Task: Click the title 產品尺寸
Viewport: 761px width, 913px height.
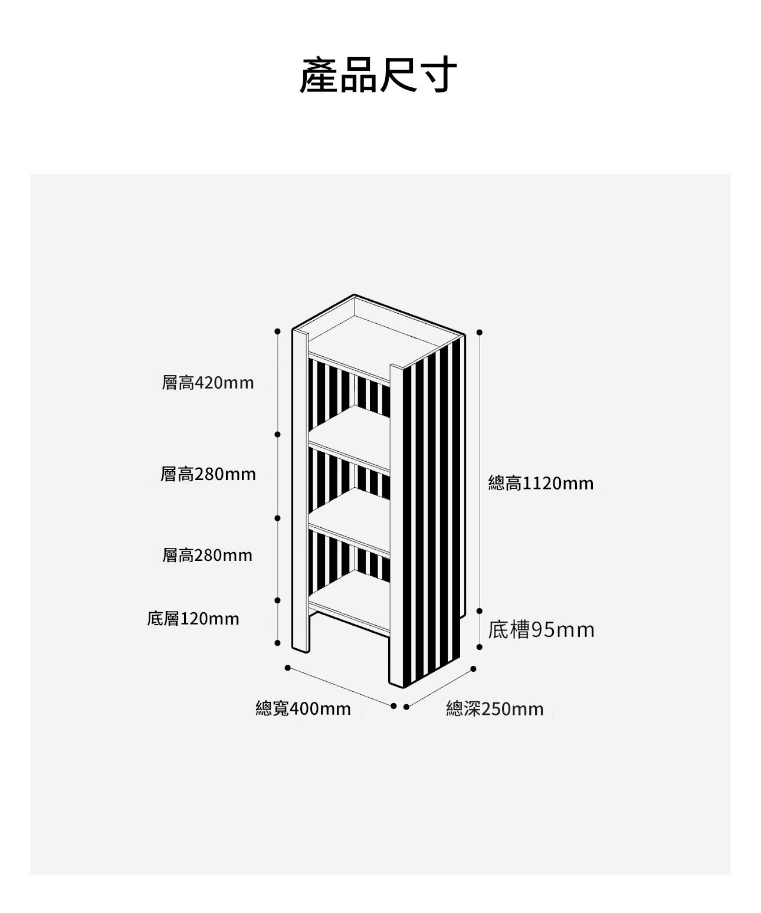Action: tap(378, 75)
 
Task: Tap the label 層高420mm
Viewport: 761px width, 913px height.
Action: tap(208, 383)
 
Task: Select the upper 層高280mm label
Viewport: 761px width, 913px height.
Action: tap(208, 474)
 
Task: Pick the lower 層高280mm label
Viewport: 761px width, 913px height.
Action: tap(207, 556)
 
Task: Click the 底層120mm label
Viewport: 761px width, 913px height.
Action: tap(193, 619)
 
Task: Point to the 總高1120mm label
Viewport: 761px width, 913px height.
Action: tap(541, 483)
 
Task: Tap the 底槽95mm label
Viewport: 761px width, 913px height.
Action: tap(542, 630)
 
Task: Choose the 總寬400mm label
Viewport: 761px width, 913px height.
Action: tap(303, 709)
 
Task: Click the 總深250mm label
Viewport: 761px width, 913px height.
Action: tap(494, 709)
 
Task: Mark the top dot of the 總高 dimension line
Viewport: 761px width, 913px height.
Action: tap(480, 332)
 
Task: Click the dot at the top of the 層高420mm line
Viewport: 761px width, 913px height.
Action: tap(277, 331)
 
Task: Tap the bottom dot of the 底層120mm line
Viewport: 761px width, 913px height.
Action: tap(277, 643)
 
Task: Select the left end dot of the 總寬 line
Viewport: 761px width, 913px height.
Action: tap(287, 668)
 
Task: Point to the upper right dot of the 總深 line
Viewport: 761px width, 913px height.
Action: tap(473, 669)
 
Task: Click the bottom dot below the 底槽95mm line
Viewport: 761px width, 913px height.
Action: tap(480, 646)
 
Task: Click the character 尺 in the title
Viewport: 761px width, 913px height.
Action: tap(398, 75)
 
